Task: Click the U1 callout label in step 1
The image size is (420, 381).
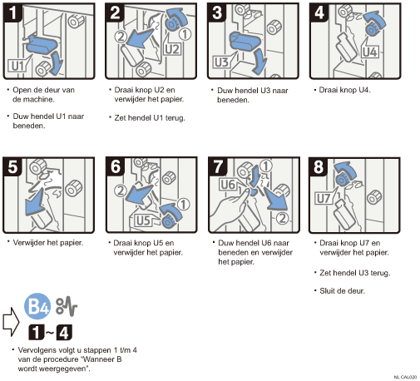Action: pos(17,66)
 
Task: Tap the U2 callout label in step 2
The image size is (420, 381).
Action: pos(172,49)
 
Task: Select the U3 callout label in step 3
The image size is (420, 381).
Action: pos(221,62)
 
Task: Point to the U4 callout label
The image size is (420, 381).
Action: pos(370,52)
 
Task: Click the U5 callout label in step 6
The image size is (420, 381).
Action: pos(143,220)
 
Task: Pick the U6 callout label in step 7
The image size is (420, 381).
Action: pos(228,185)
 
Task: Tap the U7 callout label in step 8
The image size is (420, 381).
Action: pos(324,199)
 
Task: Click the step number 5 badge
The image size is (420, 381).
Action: pos(12,166)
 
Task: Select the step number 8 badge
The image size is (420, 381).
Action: pos(319,167)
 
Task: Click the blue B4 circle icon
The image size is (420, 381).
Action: pos(37,306)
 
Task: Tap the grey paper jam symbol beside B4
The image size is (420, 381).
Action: pos(67,307)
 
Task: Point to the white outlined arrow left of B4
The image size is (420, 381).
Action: pos(11,322)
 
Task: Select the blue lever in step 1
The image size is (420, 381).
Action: pos(42,44)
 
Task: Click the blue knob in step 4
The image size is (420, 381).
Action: pos(372,28)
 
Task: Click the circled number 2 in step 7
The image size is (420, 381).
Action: pos(282,218)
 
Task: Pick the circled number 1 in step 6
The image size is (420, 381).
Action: pos(183,205)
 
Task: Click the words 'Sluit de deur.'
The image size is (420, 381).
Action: pos(342,291)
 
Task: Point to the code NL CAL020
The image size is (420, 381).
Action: pos(405,377)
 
